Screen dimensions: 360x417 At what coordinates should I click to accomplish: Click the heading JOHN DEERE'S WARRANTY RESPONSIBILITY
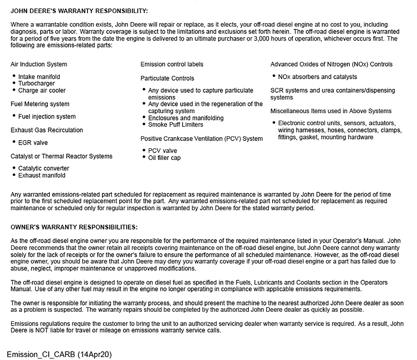coord(79,11)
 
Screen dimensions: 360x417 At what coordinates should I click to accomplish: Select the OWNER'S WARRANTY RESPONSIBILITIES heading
coord(74,227)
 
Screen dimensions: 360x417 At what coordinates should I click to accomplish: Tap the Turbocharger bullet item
coord(37,84)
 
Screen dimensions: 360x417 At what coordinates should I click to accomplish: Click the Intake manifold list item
coord(39,77)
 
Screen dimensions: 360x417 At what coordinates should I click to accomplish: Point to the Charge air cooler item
coord(42,90)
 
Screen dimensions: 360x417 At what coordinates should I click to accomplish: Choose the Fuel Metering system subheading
coord(40,104)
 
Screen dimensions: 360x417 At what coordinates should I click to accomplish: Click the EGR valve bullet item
coord(33,143)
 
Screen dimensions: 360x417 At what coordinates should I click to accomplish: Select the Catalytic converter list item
coord(43,169)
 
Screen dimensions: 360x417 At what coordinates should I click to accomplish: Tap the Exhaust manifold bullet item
coord(42,175)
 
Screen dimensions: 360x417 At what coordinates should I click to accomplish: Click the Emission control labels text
coord(172,64)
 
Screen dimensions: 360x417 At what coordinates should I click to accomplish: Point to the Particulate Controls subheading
coord(167,78)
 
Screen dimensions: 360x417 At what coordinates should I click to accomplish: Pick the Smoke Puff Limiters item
coord(175,125)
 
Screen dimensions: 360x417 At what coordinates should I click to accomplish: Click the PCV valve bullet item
coord(162,151)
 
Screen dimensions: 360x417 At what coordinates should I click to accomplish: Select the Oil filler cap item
coord(164,158)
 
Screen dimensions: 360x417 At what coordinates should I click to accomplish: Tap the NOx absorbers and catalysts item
coord(317,77)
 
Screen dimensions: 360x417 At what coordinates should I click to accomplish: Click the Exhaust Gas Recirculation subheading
coord(46,130)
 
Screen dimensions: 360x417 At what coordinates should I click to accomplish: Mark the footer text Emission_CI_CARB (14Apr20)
coord(59,354)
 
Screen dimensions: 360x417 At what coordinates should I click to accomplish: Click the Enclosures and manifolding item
coord(186,118)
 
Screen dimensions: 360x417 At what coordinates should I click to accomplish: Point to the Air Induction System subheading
coord(39,64)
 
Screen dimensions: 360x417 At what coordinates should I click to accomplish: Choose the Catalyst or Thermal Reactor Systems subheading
coord(61,156)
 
